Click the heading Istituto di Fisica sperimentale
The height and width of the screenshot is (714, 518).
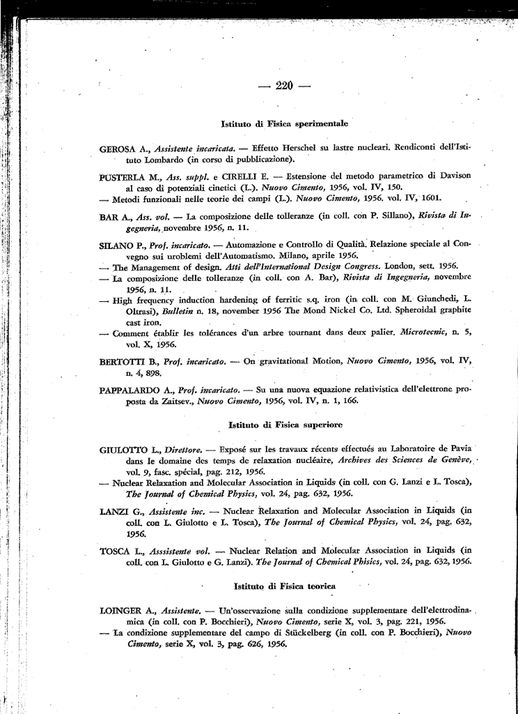click(284, 123)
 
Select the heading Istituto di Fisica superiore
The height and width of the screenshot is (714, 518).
click(285, 424)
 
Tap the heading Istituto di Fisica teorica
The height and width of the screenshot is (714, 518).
click(285, 587)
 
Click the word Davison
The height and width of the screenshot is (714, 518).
click(455, 177)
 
